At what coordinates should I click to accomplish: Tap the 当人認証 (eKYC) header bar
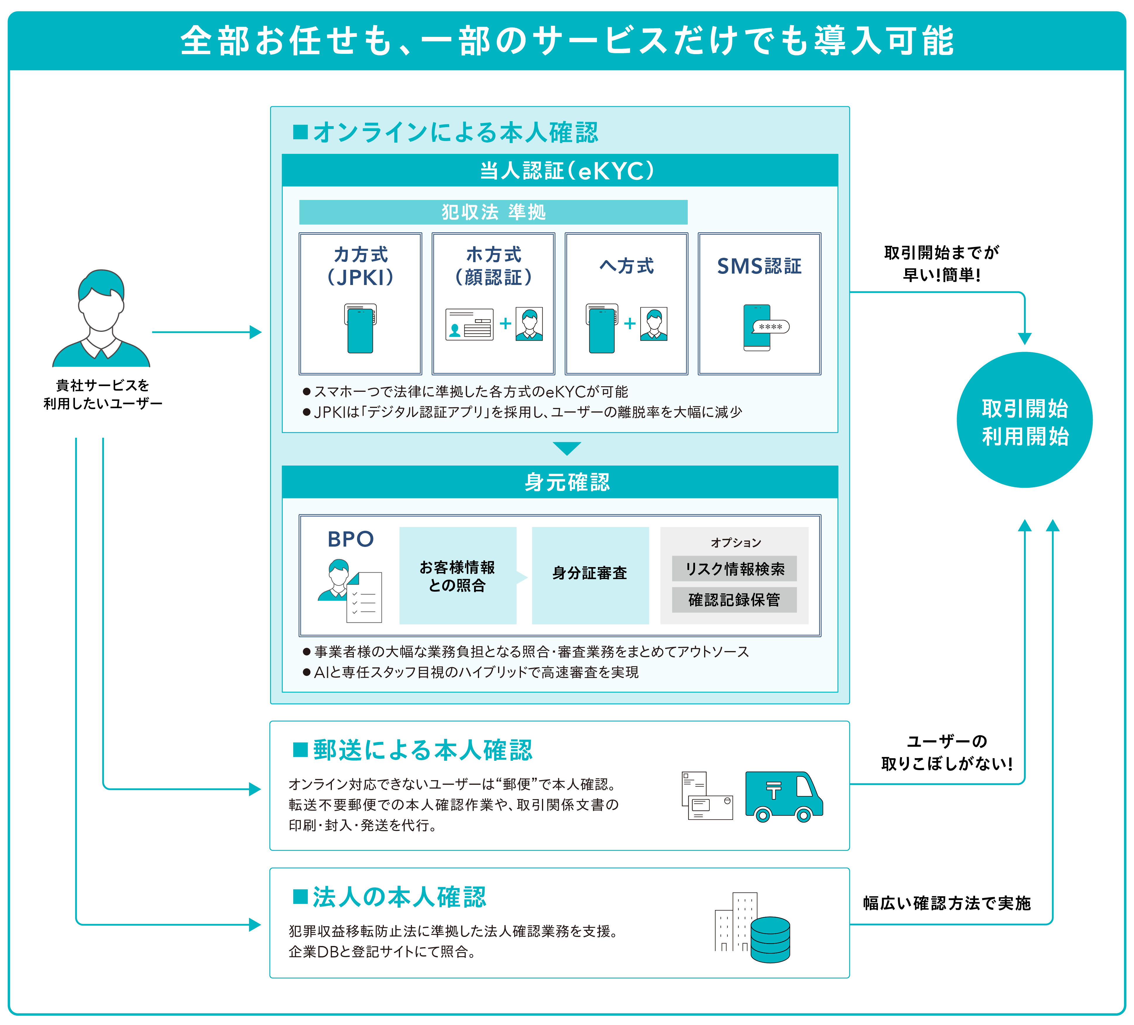point(560,171)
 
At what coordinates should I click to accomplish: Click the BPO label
point(350,539)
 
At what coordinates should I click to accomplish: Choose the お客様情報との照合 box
point(457,576)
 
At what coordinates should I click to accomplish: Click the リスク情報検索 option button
point(734,569)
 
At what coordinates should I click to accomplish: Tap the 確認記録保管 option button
point(734,600)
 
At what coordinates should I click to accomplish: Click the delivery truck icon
point(784,796)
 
